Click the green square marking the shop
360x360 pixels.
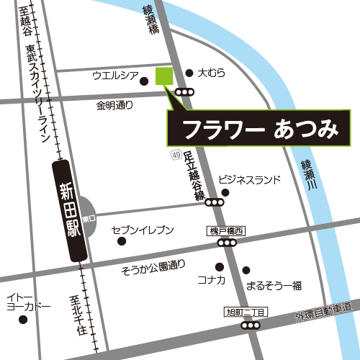pos(165,76)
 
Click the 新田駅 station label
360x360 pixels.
pos(71,211)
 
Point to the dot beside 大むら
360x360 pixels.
pos(189,73)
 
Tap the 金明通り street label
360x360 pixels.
pos(114,105)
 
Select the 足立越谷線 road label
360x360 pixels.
pos(189,176)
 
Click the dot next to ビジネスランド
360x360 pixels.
pos(225,193)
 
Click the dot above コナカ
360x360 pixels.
pos(220,266)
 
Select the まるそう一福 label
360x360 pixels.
pos(273,285)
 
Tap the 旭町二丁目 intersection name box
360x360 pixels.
pos(246,312)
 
